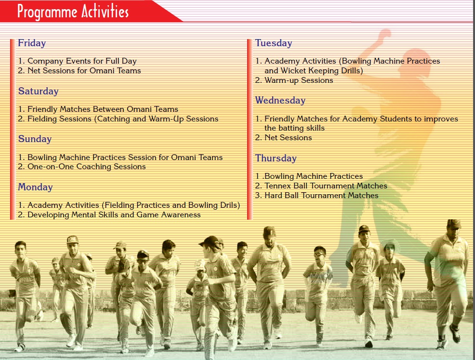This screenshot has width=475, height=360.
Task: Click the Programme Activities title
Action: pyautogui.click(x=73, y=12)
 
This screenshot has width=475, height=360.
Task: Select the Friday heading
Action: pyautogui.click(x=32, y=43)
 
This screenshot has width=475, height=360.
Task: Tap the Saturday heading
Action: pyautogui.click(x=38, y=91)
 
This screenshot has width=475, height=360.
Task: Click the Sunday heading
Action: pyautogui.click(x=35, y=139)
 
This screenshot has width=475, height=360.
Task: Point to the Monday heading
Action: pyautogui.click(x=36, y=187)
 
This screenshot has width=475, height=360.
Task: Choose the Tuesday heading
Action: pyautogui.click(x=274, y=43)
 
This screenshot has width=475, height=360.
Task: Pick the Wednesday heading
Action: pyautogui.click(x=280, y=100)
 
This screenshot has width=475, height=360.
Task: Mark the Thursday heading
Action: pyautogui.click(x=276, y=158)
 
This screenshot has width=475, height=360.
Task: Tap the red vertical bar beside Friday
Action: pyautogui.click(x=13, y=129)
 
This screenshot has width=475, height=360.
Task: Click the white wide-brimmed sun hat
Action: pyautogui.click(x=390, y=245)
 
